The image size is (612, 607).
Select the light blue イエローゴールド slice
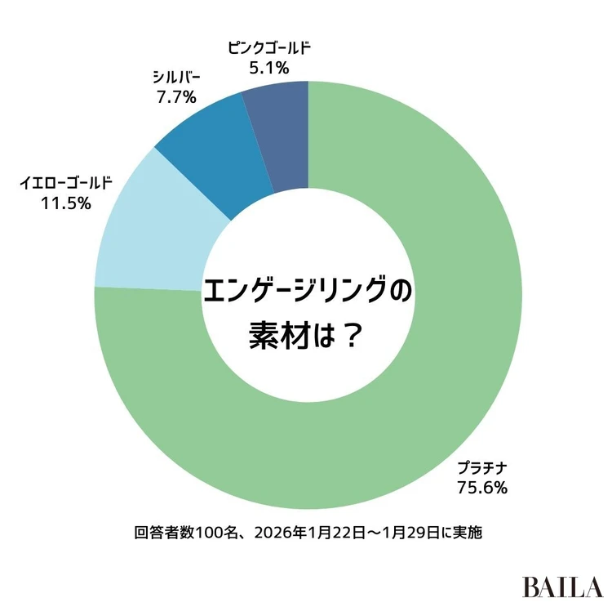pyautogui.click(x=155, y=229)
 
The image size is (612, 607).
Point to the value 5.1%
pyautogui.click(x=269, y=68)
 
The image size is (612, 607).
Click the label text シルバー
pyautogui.click(x=175, y=78)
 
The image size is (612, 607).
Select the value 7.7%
pyautogui.click(x=175, y=98)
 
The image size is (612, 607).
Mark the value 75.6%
pyautogui.click(x=483, y=489)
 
